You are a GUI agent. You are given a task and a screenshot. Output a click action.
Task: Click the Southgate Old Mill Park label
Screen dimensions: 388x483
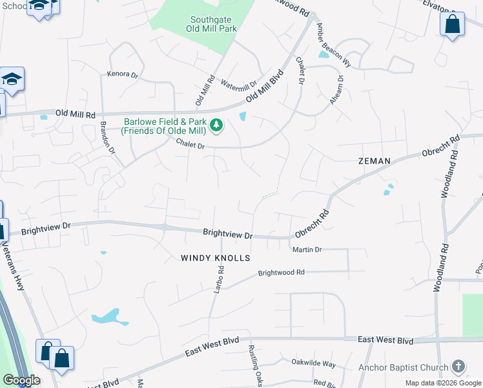(x=211, y=25)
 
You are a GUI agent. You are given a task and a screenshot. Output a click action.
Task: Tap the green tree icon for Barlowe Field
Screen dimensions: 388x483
(x=218, y=125)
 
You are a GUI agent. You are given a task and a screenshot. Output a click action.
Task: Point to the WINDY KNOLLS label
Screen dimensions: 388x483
(x=215, y=258)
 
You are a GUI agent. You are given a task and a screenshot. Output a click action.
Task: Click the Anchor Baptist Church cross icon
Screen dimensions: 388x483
(x=458, y=367)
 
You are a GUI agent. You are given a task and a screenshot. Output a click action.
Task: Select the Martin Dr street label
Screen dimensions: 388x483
(x=307, y=250)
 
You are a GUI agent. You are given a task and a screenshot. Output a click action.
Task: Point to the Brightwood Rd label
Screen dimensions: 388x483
(x=281, y=273)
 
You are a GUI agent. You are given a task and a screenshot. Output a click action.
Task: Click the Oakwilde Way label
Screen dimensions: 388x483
(x=314, y=363)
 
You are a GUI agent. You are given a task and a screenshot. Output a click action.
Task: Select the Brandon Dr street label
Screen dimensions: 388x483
(x=107, y=136)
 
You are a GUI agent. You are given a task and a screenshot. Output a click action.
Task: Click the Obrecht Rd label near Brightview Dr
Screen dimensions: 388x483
(x=313, y=224)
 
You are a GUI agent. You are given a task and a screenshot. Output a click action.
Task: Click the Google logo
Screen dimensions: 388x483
(x=21, y=380)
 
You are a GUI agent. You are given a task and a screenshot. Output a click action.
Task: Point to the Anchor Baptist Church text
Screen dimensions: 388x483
(x=404, y=368)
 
